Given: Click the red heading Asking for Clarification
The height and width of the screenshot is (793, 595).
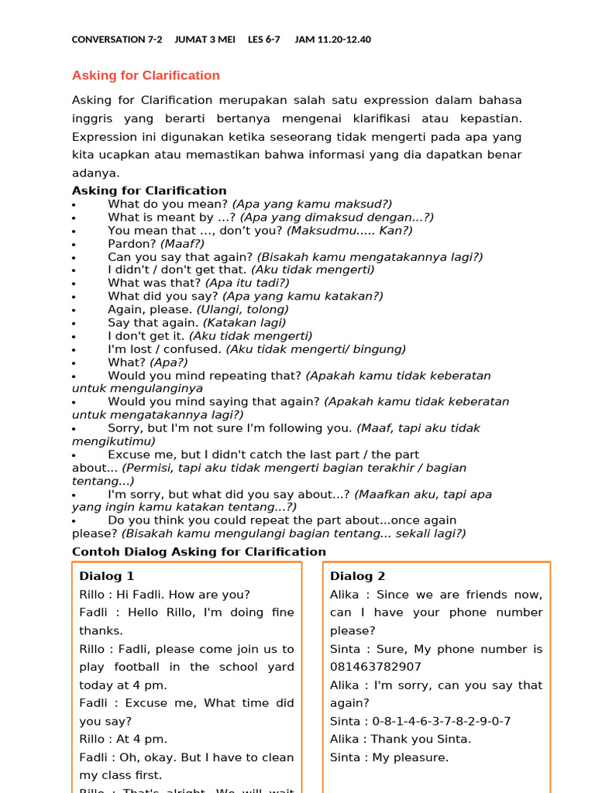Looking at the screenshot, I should (x=146, y=75).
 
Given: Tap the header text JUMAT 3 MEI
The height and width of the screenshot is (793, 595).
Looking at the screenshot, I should (x=205, y=39).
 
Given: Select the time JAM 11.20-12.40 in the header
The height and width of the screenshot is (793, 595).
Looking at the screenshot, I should (x=332, y=39).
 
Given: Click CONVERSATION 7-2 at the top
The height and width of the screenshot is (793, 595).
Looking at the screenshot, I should (x=117, y=39).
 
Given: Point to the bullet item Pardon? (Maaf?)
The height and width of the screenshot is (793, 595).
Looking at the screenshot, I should (x=156, y=243).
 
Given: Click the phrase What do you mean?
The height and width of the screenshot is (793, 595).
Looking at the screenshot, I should (x=168, y=204).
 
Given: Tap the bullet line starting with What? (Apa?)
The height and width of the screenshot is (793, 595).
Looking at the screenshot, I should (x=147, y=362).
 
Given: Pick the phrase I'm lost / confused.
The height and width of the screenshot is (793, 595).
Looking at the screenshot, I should (x=165, y=349).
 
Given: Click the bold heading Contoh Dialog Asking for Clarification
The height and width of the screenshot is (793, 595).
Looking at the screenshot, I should (x=199, y=551).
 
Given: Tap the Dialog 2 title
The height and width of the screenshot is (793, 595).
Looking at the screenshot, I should (x=357, y=576).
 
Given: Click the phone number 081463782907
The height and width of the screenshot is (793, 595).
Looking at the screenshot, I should (x=376, y=667).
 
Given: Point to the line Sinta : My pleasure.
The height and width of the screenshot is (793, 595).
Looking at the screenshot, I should (x=389, y=757).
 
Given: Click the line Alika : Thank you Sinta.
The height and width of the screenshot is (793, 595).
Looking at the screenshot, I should (x=400, y=739).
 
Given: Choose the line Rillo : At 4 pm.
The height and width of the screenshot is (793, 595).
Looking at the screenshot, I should (x=123, y=739).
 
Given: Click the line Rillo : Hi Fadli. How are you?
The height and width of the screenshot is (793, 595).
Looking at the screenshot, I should (x=164, y=595).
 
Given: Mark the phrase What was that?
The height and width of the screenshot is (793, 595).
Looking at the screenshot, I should (x=154, y=283).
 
